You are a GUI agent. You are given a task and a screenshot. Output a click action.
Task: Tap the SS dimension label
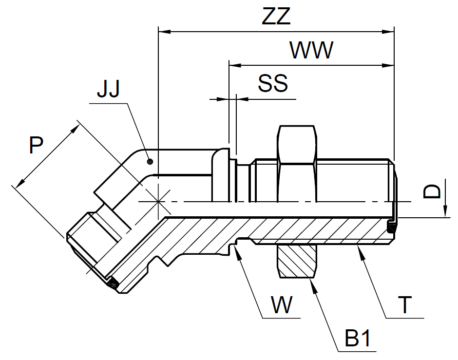[273, 84]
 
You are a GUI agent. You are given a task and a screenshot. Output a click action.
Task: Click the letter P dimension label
[36, 146]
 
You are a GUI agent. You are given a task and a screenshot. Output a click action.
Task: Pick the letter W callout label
[282, 306]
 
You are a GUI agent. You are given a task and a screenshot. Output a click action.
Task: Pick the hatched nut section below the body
[297, 262]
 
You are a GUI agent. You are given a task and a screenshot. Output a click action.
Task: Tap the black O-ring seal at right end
[392, 227]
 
